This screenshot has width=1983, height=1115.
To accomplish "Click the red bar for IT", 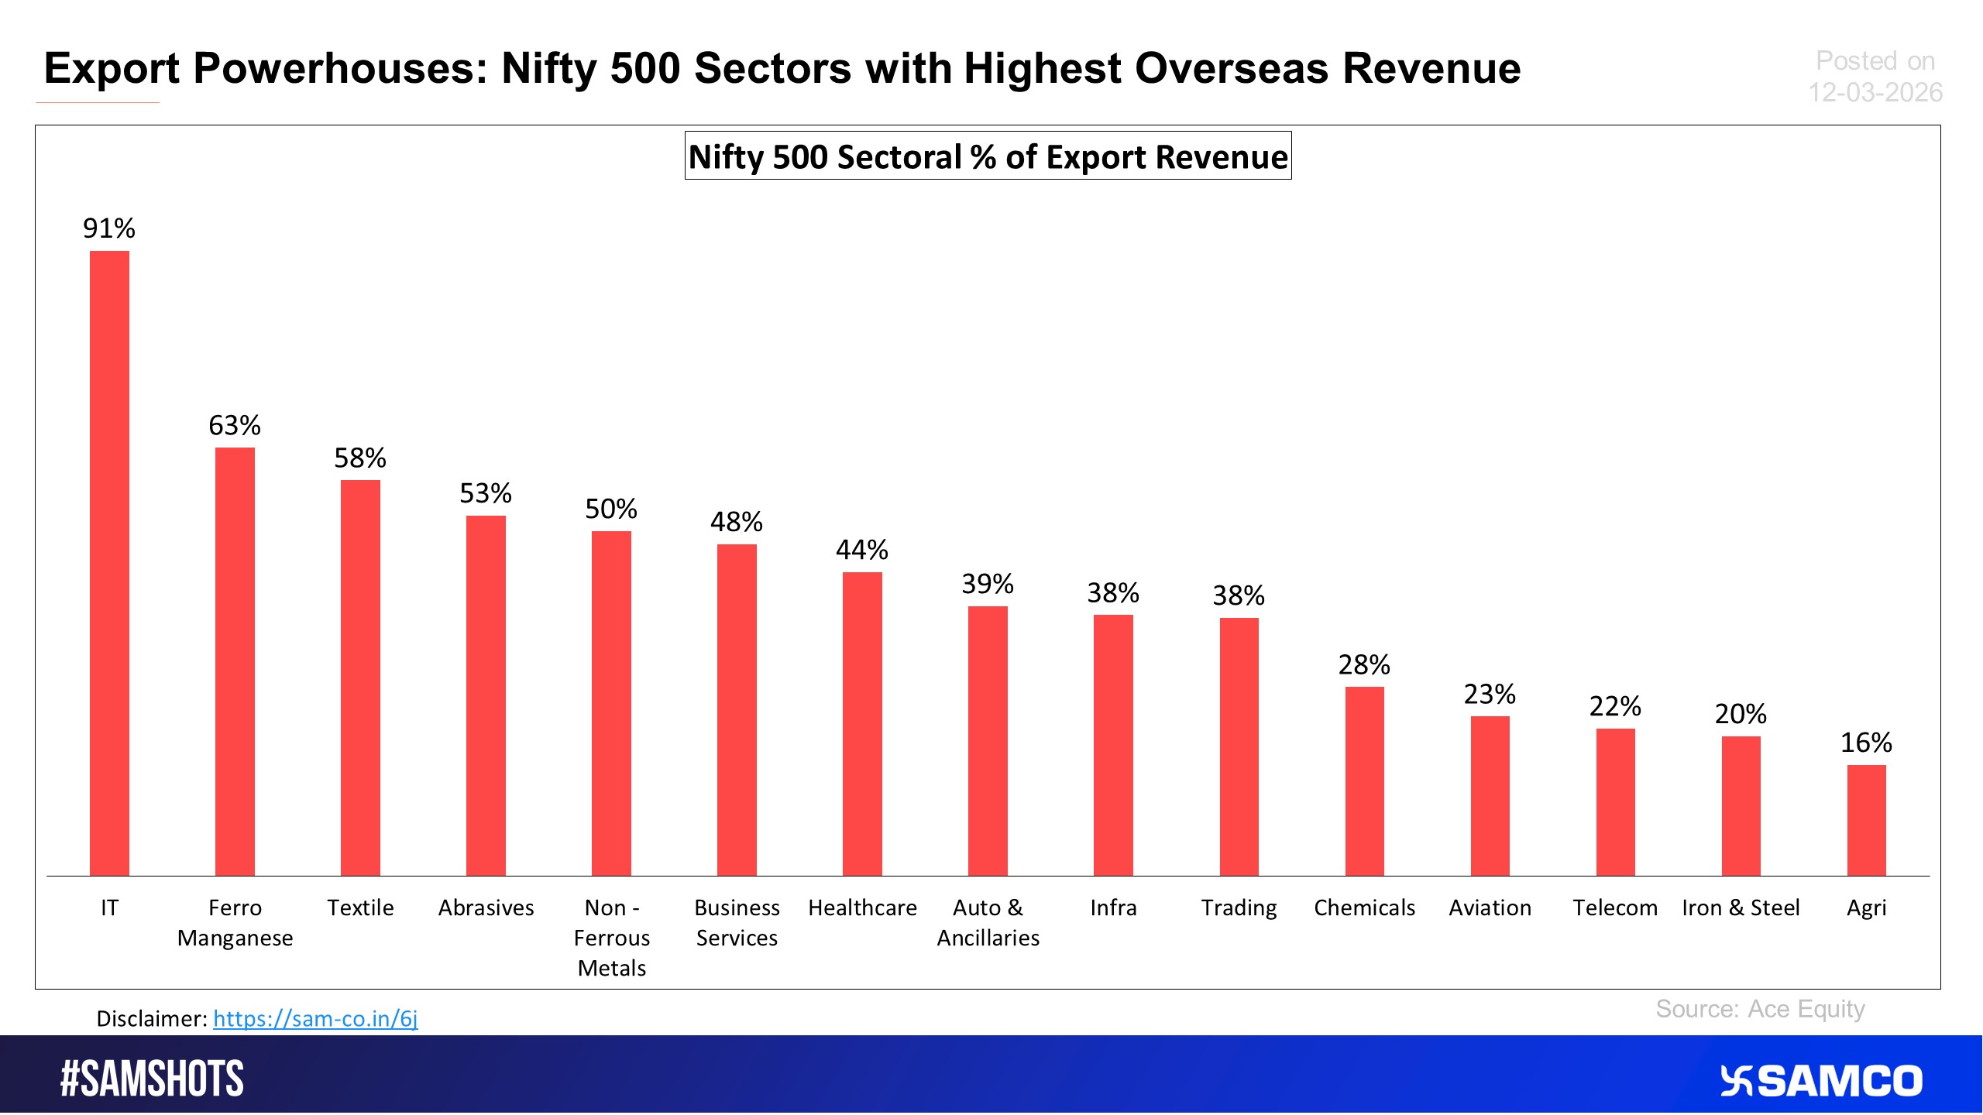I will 109,563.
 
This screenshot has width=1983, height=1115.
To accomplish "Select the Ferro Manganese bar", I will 235,661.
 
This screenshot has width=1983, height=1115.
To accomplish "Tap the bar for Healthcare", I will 862,724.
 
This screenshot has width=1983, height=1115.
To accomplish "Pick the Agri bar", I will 1866,820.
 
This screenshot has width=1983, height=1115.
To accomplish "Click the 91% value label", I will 109,228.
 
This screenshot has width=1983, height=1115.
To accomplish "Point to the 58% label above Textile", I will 360,458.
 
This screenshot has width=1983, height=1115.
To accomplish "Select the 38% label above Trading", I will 1239,595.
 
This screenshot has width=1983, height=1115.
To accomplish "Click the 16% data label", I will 1866,743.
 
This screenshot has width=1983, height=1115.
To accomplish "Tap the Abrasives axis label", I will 486,907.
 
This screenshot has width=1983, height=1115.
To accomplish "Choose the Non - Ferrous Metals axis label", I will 611,938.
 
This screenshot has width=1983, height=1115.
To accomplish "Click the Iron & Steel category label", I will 1741,907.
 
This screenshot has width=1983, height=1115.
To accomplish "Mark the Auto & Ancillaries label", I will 988,922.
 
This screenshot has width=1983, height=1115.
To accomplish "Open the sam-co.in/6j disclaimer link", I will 315,1018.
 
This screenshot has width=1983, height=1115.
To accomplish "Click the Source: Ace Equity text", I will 1760,1009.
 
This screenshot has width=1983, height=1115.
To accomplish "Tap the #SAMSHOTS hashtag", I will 152,1079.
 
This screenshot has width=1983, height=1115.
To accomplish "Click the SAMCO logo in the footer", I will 1821,1081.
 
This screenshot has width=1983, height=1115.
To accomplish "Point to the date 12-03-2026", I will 1875,93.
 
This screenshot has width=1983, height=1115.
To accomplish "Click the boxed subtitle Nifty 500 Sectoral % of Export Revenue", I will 988,156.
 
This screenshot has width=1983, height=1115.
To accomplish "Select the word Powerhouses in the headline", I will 341,68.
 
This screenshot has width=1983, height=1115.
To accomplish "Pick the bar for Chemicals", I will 1364,781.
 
